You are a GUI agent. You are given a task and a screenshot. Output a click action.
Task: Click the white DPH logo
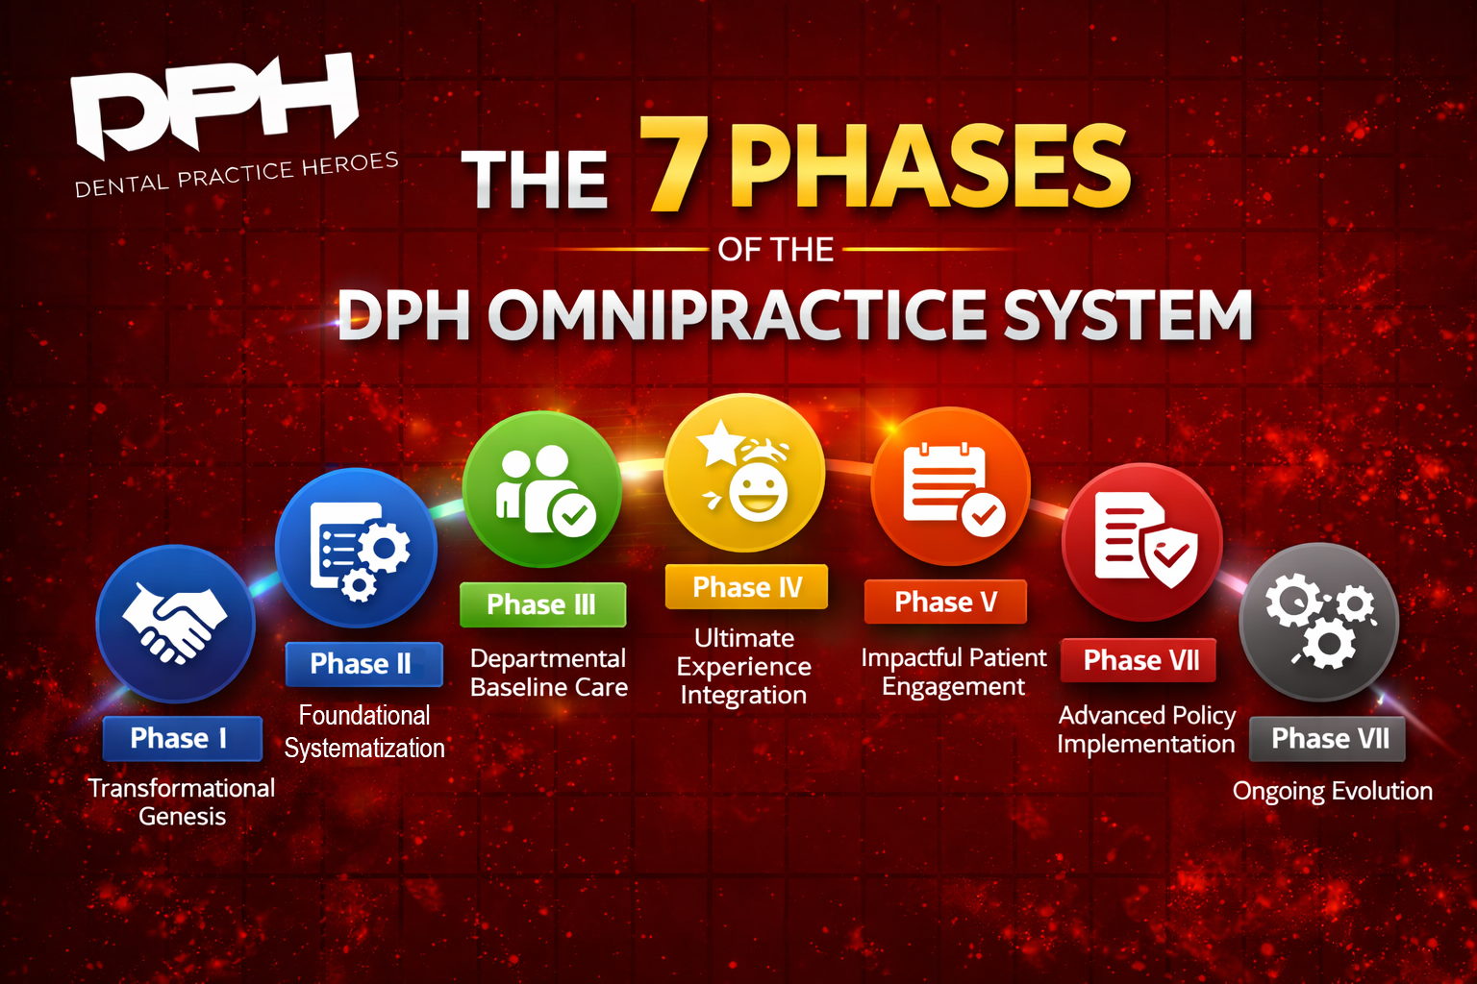pyautogui.click(x=213, y=104)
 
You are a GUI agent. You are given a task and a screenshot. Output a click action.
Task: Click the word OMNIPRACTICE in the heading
pyautogui.click(x=738, y=315)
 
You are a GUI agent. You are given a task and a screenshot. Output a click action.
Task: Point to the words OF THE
pyautogui.click(x=775, y=250)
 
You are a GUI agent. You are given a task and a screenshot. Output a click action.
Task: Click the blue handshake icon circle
pyautogui.click(x=176, y=623)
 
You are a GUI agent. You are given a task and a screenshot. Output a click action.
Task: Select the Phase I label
pyautogui.click(x=181, y=738)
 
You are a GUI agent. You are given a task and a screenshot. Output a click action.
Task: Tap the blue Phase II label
pyautogui.click(x=363, y=664)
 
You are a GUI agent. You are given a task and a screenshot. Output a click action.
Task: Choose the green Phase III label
pyautogui.click(x=542, y=604)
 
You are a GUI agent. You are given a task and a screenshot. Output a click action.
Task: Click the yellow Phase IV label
pyautogui.click(x=746, y=586)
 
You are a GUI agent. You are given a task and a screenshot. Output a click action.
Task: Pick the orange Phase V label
pyautogui.click(x=945, y=602)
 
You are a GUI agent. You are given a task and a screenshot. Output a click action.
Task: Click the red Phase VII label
pyautogui.click(x=1139, y=660)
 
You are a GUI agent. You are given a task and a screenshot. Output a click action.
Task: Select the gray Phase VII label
pyautogui.click(x=1328, y=738)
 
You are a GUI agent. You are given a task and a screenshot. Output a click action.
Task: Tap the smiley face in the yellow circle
pyautogui.click(x=758, y=490)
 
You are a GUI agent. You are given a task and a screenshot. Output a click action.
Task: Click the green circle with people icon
pyautogui.click(x=542, y=489)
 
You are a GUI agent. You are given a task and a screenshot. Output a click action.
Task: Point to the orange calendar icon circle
pyautogui.click(x=950, y=486)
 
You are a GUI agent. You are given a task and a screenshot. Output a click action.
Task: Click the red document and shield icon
pyautogui.click(x=1142, y=542)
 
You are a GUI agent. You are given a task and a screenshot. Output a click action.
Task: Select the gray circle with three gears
pyautogui.click(x=1318, y=622)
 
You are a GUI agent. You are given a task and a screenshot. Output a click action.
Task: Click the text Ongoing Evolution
pyautogui.click(x=1332, y=791)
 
